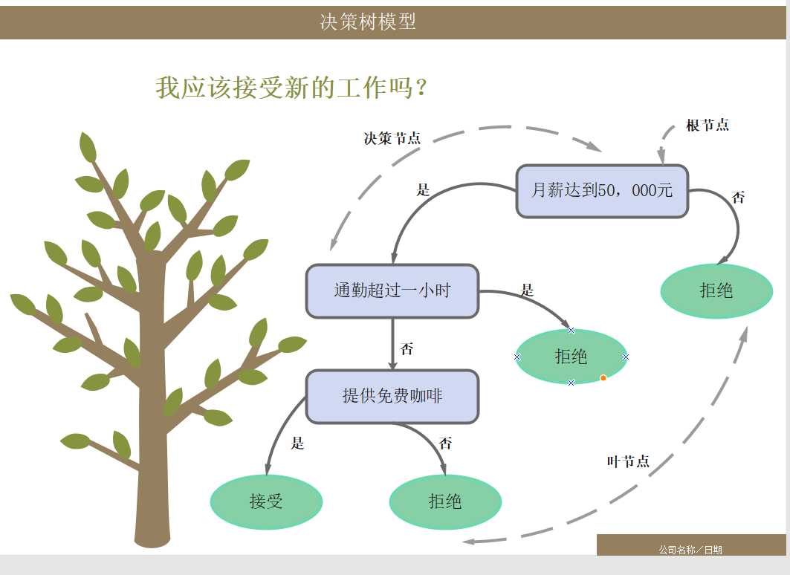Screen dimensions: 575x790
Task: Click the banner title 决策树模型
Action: coord(368,22)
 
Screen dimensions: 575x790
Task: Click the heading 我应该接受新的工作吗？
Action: coord(292,88)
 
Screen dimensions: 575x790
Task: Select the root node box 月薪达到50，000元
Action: coord(602,191)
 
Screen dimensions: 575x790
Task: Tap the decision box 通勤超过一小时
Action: coord(392,290)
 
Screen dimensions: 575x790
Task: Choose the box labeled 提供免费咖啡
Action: coord(392,397)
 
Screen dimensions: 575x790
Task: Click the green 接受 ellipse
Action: coord(266,501)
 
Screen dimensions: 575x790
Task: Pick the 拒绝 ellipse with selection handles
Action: coord(571,357)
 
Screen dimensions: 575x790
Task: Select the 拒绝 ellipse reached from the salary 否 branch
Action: coord(716,290)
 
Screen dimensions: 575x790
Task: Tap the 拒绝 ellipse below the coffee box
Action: coord(445,501)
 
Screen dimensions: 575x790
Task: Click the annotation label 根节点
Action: coord(707,126)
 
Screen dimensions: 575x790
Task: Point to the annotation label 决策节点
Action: coord(392,138)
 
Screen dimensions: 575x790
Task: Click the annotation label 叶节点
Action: coord(628,461)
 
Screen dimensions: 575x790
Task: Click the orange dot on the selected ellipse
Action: coord(603,378)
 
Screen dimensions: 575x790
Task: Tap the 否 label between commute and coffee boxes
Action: coord(407,349)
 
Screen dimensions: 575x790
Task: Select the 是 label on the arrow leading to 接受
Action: coord(297,444)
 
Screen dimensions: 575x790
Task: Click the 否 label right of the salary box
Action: coord(738,198)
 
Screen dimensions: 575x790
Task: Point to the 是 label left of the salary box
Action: coord(423,190)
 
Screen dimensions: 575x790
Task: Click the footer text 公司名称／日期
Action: coord(690,550)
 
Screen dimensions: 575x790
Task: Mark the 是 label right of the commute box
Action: coord(527,290)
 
